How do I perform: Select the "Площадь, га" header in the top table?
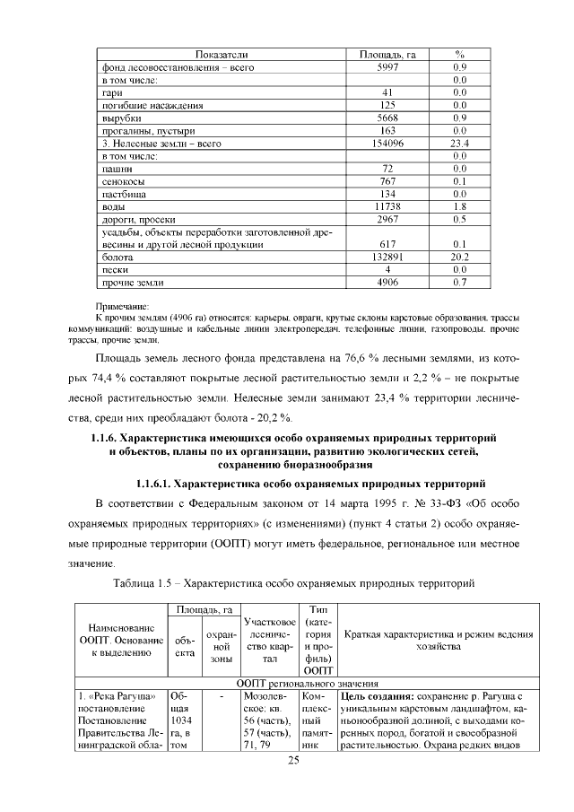[x=386, y=54]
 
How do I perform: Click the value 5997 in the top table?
[x=387, y=67]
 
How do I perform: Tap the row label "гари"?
[x=111, y=92]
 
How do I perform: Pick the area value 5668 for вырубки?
[x=387, y=118]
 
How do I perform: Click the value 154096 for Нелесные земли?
[x=387, y=143]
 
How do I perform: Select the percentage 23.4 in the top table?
[x=460, y=143]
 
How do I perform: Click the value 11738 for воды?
[x=387, y=205]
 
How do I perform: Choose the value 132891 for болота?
[x=387, y=257]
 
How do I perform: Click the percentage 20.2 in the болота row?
[x=460, y=257]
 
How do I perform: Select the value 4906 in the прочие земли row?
[x=387, y=282]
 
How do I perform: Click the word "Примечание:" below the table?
[x=122, y=307]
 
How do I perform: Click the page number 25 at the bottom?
[x=292, y=762]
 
